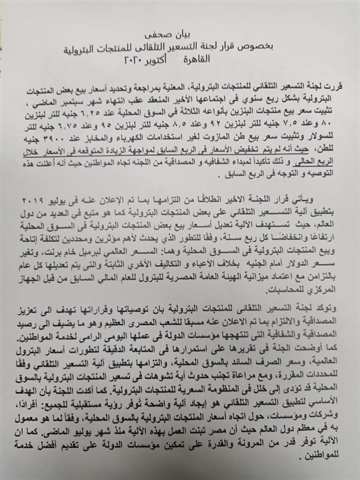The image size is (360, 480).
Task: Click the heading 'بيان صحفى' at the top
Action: [179, 37]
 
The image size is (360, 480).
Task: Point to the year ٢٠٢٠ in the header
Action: [134, 61]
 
